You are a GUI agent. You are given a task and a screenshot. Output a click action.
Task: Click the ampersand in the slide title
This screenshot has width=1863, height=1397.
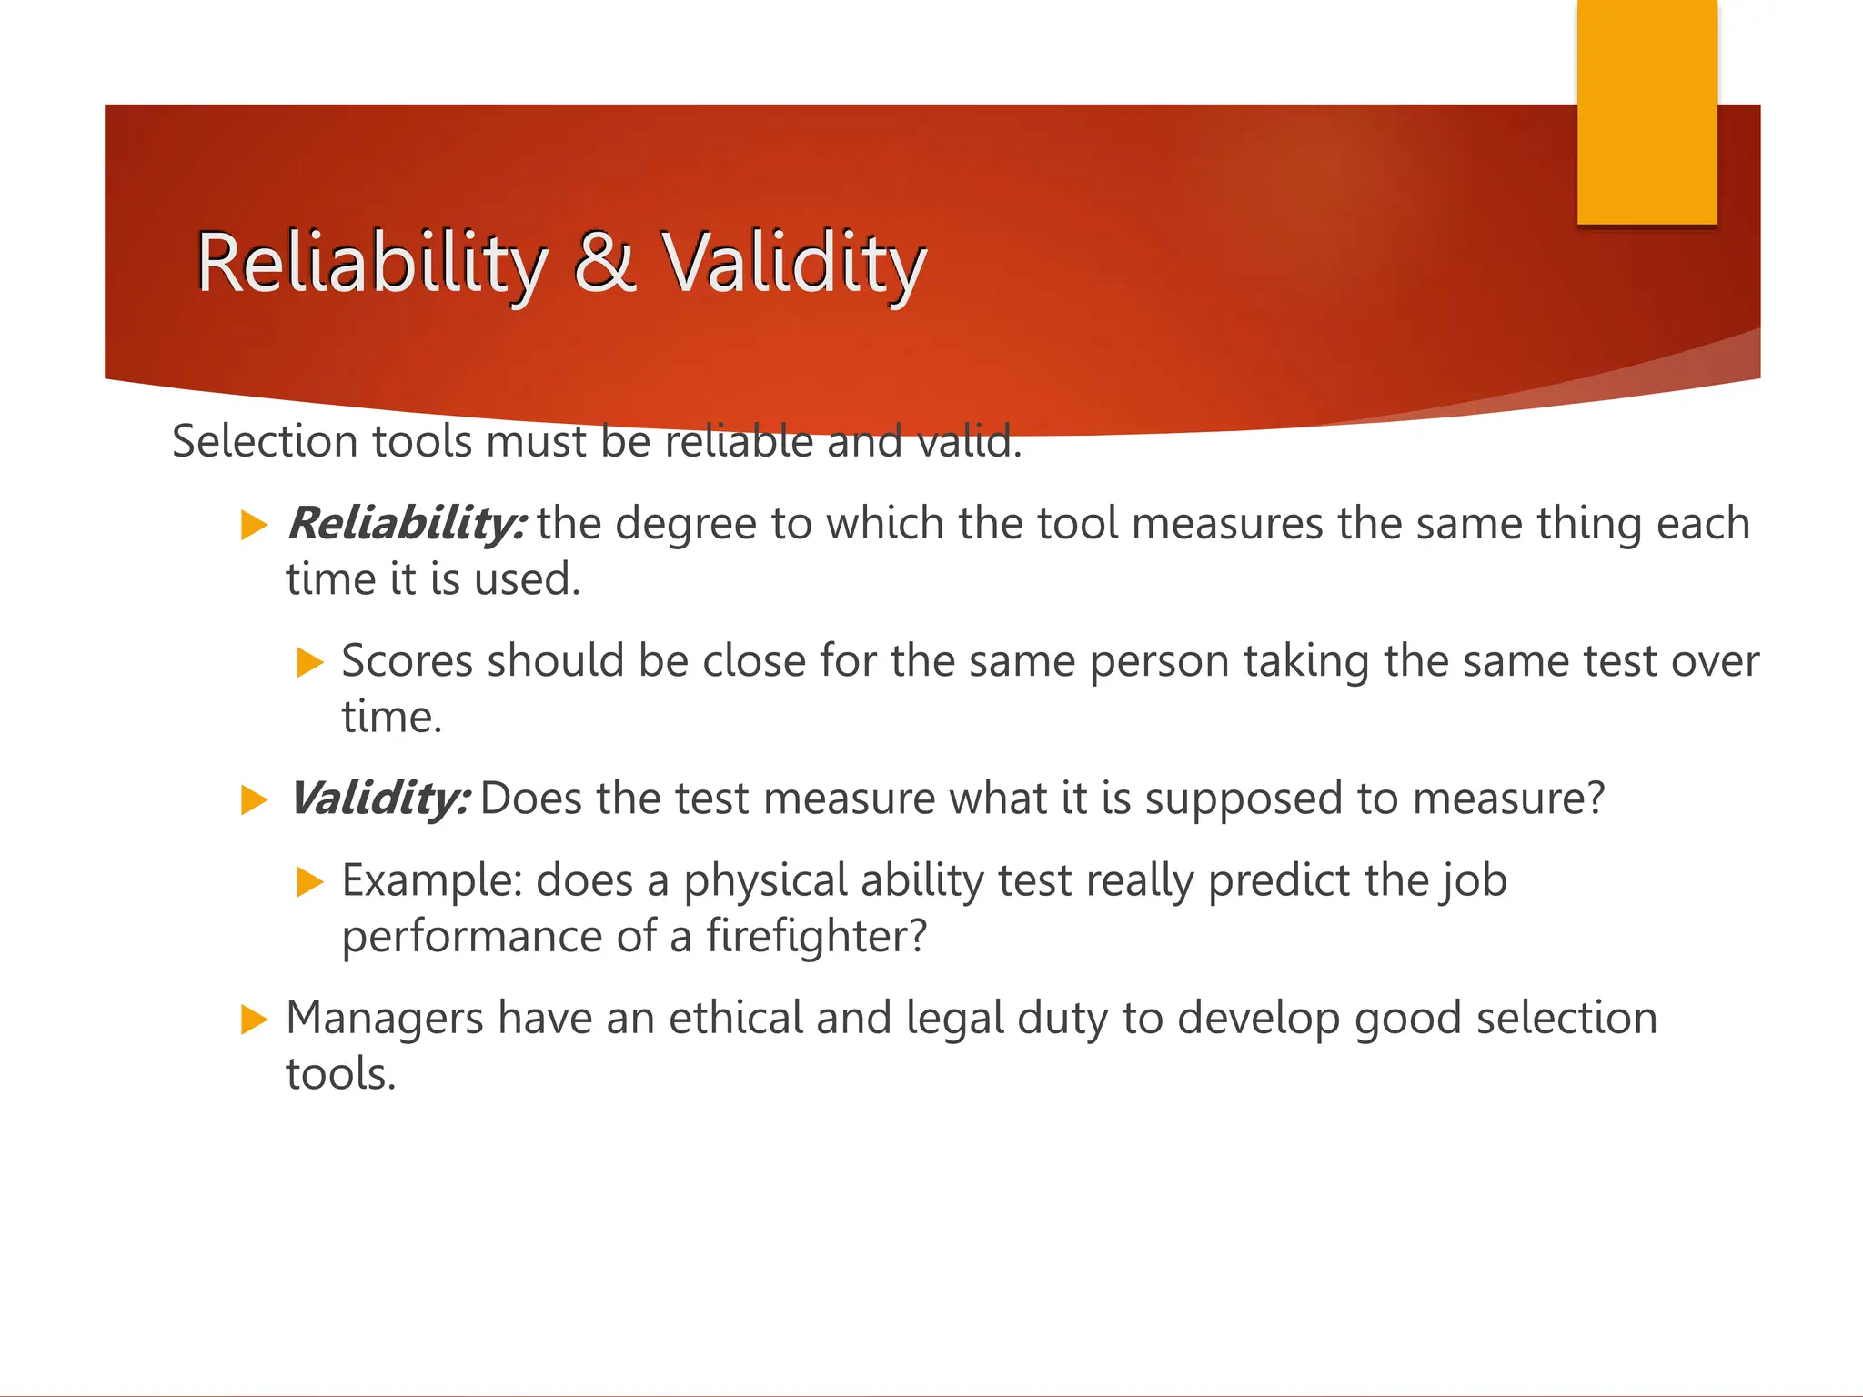[605, 263]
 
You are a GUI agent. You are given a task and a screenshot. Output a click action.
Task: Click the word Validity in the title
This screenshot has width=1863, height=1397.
[792, 263]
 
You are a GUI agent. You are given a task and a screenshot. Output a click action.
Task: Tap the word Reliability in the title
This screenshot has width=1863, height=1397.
[372, 263]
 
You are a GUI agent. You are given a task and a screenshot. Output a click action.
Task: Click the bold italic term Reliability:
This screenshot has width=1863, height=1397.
[406, 524]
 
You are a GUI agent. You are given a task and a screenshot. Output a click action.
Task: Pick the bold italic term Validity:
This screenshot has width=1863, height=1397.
[379, 799]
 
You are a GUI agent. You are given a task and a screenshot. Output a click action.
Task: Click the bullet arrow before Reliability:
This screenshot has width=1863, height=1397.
[254, 525]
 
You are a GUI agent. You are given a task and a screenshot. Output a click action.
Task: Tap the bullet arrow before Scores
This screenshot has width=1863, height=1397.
[310, 662]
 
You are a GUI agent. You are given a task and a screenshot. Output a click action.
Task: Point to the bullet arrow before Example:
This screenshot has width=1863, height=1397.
[310, 881]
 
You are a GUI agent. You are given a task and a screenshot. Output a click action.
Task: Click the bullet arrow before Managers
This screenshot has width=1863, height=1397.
[254, 1019]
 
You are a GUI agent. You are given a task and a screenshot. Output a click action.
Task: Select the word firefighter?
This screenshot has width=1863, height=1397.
[816, 936]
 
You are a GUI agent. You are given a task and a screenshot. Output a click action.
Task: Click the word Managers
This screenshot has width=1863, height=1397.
[384, 1019]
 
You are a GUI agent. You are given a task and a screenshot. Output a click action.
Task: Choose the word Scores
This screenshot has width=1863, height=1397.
[407, 661]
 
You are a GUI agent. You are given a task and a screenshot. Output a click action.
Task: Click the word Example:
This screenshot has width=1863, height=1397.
[431, 881]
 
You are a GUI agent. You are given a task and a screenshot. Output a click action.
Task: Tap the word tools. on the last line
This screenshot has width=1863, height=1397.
[340, 1074]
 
